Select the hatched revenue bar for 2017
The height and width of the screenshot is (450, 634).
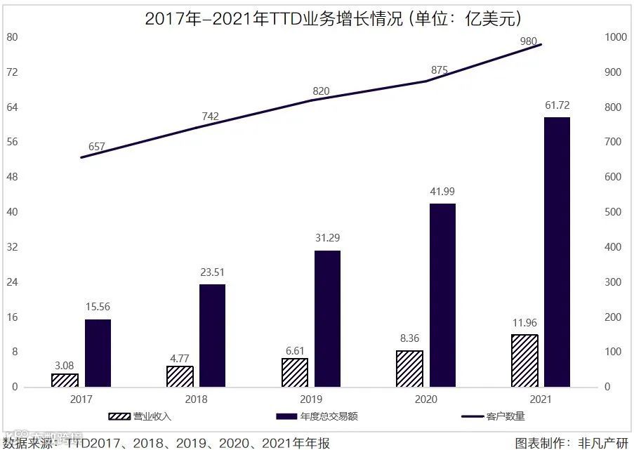tap(65, 380)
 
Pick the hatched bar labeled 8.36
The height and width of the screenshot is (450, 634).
tap(409, 369)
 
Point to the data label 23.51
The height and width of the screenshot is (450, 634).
tap(212, 272)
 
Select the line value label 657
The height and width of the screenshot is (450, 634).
tap(96, 147)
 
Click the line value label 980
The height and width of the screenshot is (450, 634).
tap(529, 41)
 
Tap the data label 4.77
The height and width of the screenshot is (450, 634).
tap(180, 358)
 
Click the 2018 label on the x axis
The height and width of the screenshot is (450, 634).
tap(196, 399)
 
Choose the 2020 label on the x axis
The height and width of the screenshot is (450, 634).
tap(425, 399)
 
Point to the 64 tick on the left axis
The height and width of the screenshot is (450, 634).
tap(12, 107)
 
